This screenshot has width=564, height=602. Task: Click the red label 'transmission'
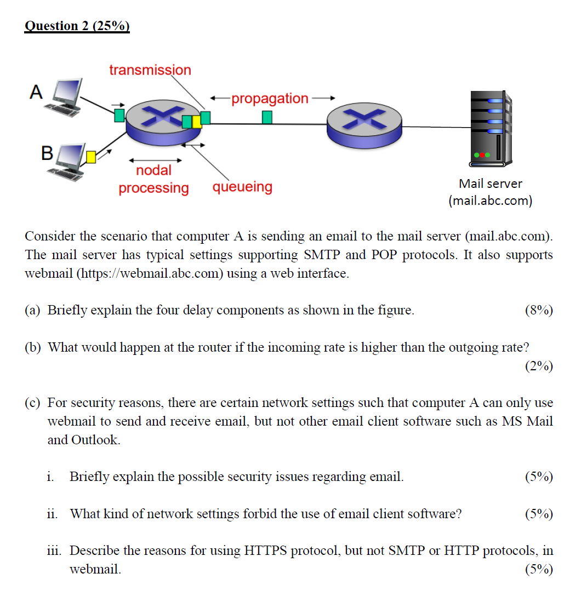pos(150,70)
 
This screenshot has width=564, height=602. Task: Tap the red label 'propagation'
pos(270,99)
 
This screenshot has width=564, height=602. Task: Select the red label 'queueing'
pos(242,187)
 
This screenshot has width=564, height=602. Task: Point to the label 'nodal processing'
pos(153,179)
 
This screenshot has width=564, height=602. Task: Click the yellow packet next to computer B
pos(92,158)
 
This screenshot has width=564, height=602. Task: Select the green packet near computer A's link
pos(119,115)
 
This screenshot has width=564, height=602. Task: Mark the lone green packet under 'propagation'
pos(267,117)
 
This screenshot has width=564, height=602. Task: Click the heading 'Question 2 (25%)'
pos(77,26)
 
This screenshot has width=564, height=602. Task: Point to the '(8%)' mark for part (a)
pos(538,311)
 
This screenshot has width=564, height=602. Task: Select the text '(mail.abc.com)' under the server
pos(490,200)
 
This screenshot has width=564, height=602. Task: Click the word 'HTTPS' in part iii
pos(265,551)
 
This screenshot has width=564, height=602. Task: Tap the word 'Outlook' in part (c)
pos(95,440)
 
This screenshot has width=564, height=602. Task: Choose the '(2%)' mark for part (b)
pos(538,366)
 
